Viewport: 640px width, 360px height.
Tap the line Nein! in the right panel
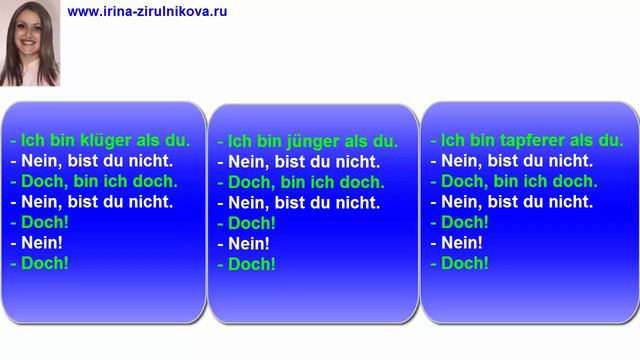point(463,242)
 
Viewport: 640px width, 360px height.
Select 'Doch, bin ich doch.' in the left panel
point(94,181)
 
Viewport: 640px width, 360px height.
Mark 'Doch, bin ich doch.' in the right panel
point(515,181)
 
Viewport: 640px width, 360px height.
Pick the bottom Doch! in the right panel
point(464,263)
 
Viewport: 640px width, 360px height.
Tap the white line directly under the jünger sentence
point(298,162)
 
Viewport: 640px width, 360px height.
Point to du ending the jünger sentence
point(387,142)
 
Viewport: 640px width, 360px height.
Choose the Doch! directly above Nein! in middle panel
point(251,223)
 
